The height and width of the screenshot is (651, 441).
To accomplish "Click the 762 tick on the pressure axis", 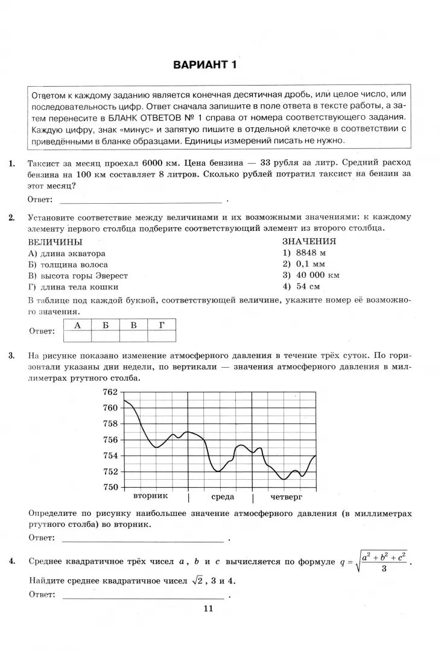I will pos(110,392).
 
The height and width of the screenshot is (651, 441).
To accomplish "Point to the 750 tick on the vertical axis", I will pos(110,487).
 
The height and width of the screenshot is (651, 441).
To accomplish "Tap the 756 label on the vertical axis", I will pos(110,439).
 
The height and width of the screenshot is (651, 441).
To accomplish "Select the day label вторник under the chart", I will pos(150,496).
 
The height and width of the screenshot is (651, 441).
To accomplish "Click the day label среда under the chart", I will pos(222,497).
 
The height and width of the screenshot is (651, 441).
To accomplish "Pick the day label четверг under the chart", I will pos(285,497).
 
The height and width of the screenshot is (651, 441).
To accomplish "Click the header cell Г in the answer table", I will pos(162,325).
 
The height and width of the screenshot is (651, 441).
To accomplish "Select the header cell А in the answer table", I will pos(77,325).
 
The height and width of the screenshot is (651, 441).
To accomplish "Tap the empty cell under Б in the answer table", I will pos(105,336).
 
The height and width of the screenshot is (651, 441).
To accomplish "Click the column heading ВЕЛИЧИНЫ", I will pos(56,242).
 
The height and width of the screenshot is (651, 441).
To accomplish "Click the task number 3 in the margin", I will pos(11,356).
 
